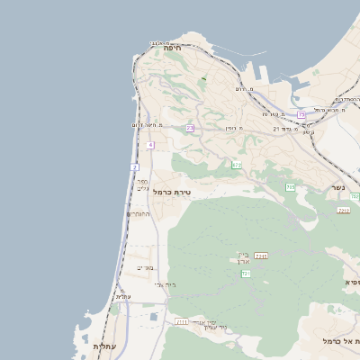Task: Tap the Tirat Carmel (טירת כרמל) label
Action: point(172,192)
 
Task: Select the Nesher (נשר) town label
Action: point(337,187)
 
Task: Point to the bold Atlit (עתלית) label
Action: point(104,346)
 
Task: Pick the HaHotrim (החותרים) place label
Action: point(139,214)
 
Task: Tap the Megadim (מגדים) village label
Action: point(145,267)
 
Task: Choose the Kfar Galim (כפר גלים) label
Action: point(142,184)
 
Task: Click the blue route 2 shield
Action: point(135,167)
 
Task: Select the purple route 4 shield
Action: point(150,145)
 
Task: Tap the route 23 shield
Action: point(190,129)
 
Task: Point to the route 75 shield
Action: point(301,115)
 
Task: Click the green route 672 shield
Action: point(237,165)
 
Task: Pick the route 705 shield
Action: point(291,187)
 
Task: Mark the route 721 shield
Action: point(246,274)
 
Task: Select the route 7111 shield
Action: point(183,321)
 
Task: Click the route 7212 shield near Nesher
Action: point(344,210)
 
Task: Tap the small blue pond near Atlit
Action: point(154,317)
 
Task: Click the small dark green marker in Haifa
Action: point(204,78)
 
